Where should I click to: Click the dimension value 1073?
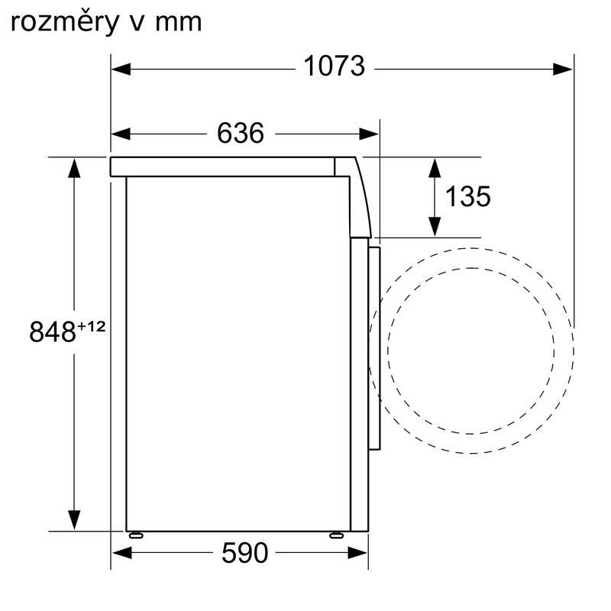pyautogui.click(x=335, y=67)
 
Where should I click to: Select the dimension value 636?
pyautogui.click(x=241, y=134)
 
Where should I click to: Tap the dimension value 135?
pyautogui.click(x=467, y=197)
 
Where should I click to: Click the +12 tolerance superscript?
pyautogui.click(x=90, y=327)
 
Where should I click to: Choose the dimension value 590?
pyautogui.click(x=245, y=552)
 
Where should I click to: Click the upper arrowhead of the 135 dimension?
pyautogui.click(x=434, y=167)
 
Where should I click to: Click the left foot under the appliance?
pyautogui.click(x=135, y=534)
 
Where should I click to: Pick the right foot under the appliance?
pyautogui.click(x=335, y=534)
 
